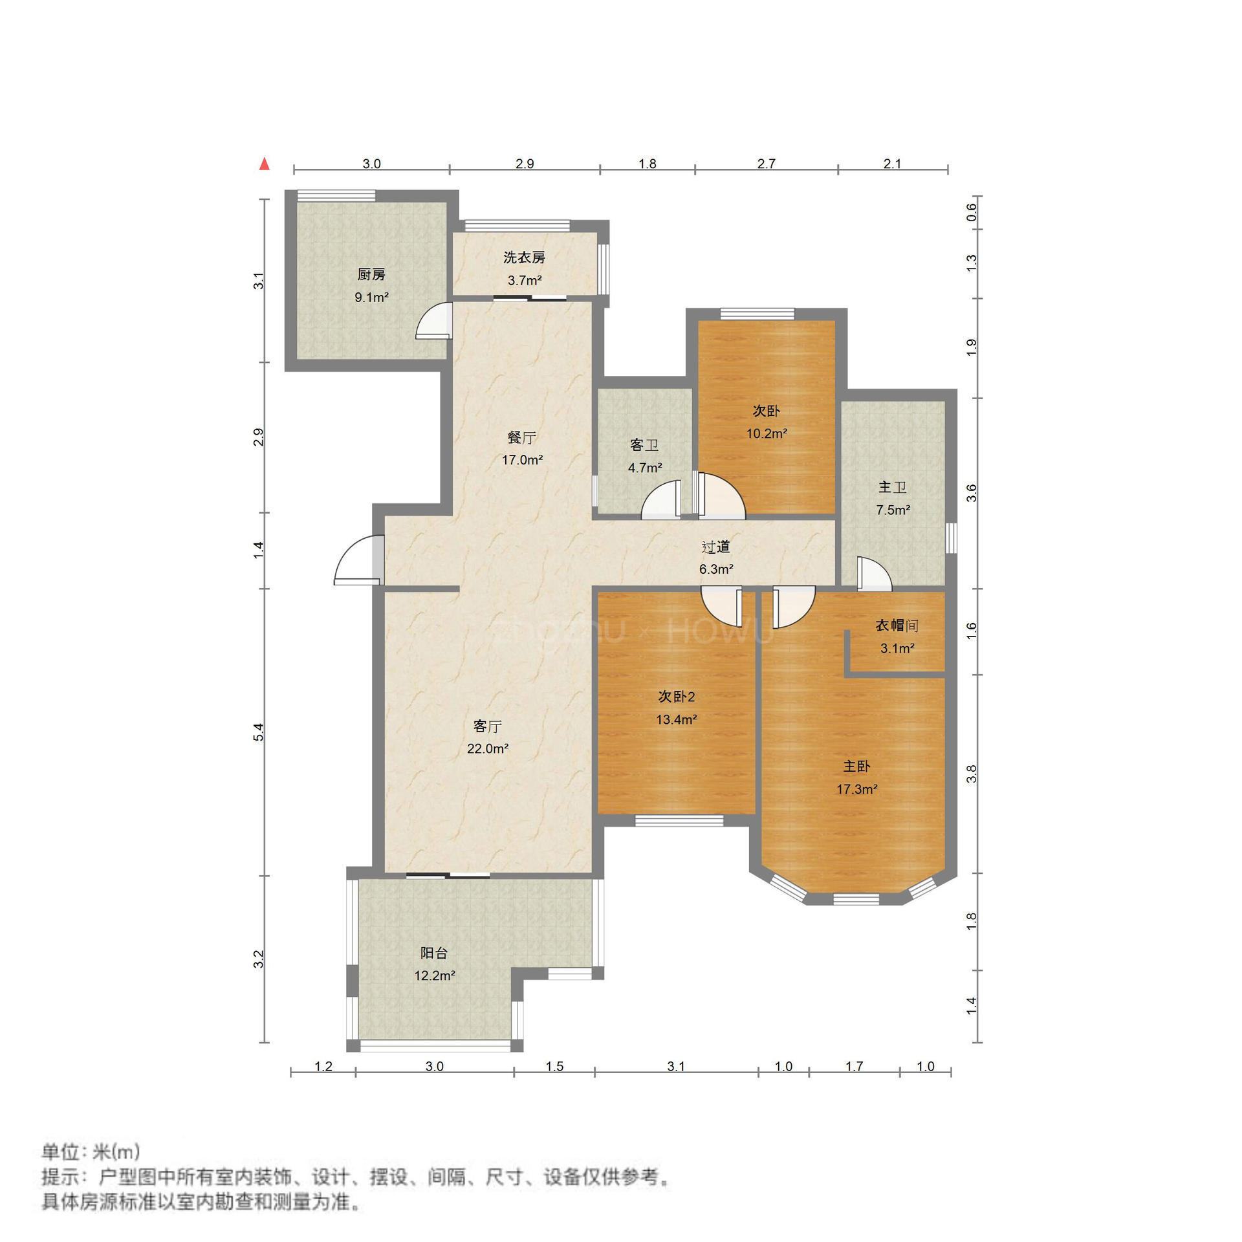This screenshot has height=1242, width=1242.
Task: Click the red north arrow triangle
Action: pos(264,164)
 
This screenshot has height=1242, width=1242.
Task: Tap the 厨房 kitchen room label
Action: pos(371,275)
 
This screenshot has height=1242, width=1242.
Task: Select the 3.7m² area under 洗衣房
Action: pos(524,281)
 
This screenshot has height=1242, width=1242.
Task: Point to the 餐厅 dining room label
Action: pos(521,438)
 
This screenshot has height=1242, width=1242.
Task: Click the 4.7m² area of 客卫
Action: pos(645,468)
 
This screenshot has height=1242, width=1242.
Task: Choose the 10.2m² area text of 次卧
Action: pos(767,433)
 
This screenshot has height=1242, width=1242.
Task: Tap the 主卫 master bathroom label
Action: pos(892,488)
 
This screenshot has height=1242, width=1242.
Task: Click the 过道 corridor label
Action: pos(716,547)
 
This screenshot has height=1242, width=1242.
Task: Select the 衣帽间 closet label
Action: pos(897,626)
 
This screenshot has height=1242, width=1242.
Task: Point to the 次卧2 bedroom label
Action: pos(676,697)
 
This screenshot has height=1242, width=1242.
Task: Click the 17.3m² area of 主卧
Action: pos(856,789)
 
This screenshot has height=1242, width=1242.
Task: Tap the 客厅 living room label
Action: pos(487,726)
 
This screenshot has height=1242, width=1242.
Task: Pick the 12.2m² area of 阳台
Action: pos(435,975)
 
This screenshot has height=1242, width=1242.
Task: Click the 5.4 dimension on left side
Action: pos(259,732)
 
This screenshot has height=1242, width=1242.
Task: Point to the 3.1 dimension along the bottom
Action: pos(675,1067)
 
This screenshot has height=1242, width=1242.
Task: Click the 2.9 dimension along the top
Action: pos(525,164)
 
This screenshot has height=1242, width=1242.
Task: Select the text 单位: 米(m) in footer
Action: pos(91,1151)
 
